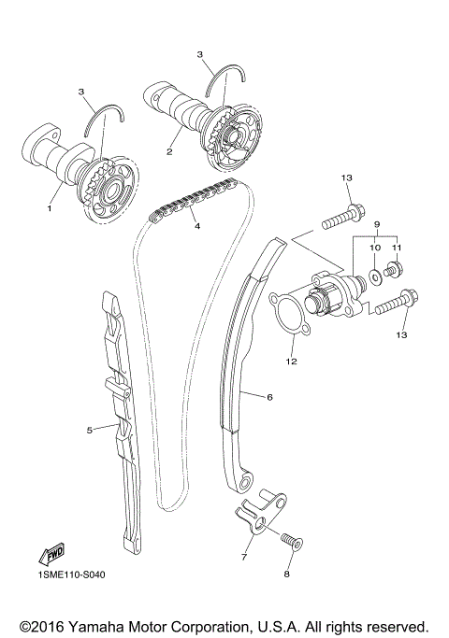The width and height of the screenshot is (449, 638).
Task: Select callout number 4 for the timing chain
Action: tap(197, 224)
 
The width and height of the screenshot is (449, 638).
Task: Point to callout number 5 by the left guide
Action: tap(90, 431)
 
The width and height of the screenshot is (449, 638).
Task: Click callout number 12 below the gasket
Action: tap(291, 360)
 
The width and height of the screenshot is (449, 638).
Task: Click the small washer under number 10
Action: tap(374, 276)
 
